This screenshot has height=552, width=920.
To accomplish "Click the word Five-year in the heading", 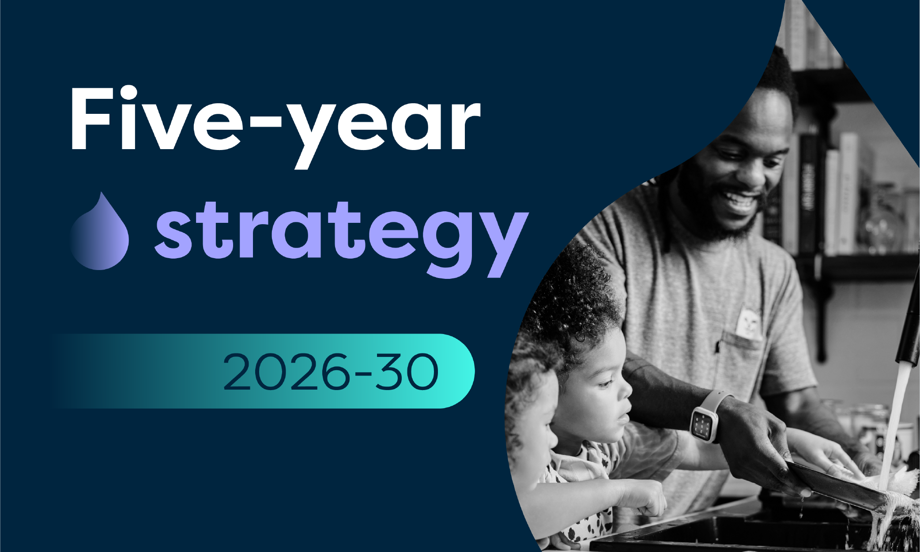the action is [275, 126].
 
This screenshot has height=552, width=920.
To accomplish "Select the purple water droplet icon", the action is [99, 232].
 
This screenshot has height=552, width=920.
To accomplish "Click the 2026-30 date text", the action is [331, 372].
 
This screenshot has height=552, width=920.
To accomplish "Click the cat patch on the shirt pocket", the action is [749, 323].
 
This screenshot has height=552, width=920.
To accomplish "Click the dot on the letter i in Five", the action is [128, 94].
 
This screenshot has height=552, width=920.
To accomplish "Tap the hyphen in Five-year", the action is [265, 123].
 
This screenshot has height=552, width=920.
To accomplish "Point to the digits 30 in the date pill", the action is [407, 372].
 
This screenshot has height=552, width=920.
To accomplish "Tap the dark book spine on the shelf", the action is [808, 194].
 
